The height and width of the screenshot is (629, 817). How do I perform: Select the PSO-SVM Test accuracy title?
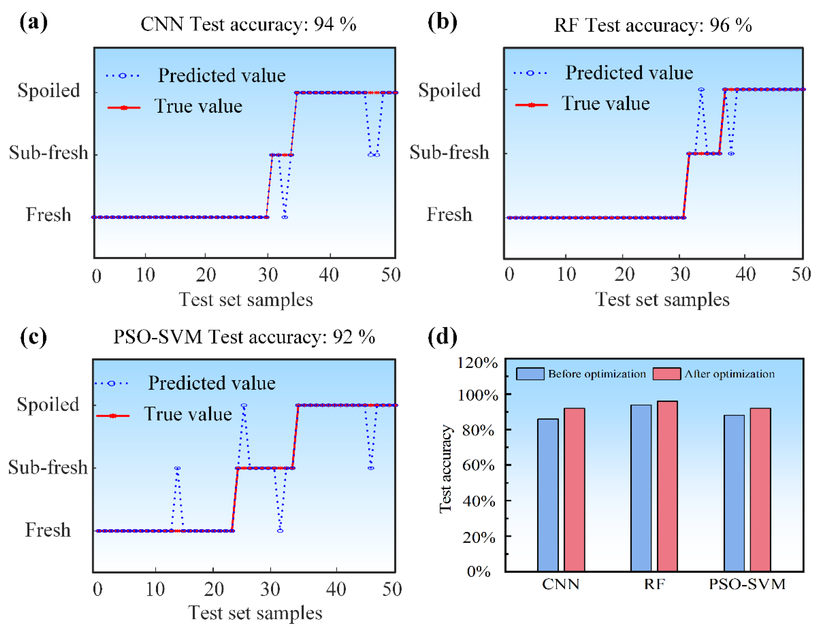pos(244,337)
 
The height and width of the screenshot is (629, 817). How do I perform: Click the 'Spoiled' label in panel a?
pos(49,91)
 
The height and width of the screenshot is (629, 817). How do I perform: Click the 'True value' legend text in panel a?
pos(198,106)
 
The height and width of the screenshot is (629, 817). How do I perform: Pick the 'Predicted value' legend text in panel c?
pos(212,383)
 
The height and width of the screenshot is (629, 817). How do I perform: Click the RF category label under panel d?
pos(654,584)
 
